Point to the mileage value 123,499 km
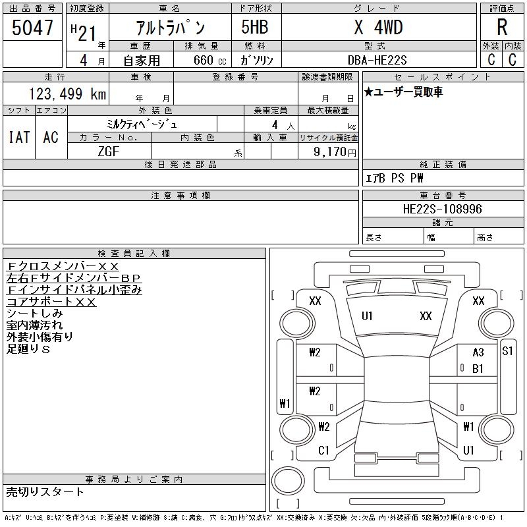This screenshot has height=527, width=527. pyautogui.click(x=67, y=94)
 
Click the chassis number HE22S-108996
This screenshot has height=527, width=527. pyautogui.click(x=442, y=209)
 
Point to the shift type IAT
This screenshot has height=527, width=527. pyautogui.click(x=19, y=137)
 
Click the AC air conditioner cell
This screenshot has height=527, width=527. pyautogui.click(x=51, y=137)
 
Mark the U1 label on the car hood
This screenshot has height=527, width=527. pyautogui.click(x=367, y=316)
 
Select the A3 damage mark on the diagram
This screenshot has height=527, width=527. pyautogui.click(x=478, y=352)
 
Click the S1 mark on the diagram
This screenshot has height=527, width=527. pyautogui.click(x=507, y=351)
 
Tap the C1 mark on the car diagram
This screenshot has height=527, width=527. pyautogui.click(x=323, y=451)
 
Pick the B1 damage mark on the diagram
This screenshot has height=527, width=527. pyautogui.click(x=478, y=368)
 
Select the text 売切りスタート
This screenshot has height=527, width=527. pyautogui.click(x=45, y=491)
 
